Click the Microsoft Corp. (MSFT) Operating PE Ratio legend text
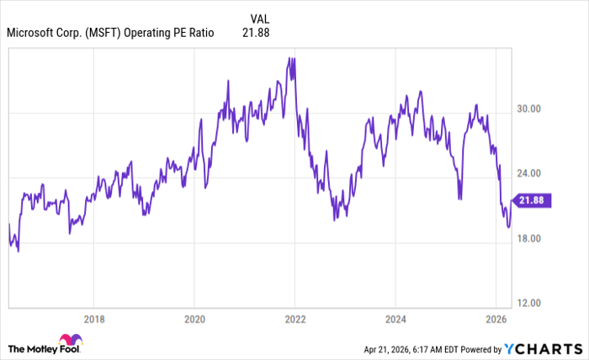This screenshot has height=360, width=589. [x=109, y=33]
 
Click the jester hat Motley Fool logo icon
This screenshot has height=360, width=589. [x=72, y=343]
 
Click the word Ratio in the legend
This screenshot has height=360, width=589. [x=199, y=33]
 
